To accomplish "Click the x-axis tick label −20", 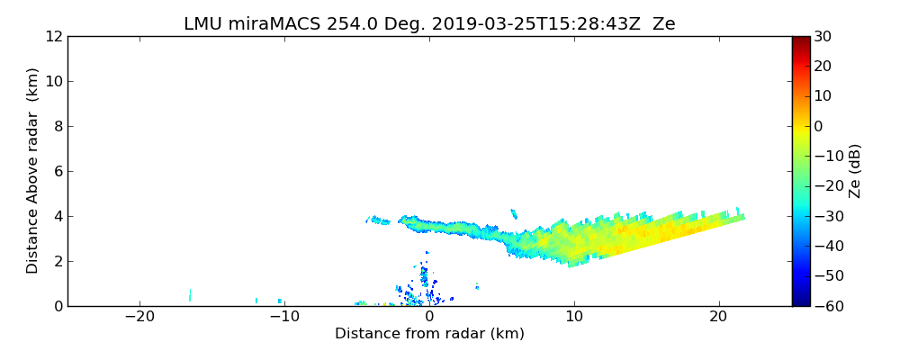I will (x=139, y=317).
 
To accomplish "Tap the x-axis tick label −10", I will (x=284, y=317).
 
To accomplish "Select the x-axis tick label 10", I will (x=574, y=317).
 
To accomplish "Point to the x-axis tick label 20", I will (x=718, y=317).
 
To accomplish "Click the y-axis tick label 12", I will (x=53, y=36).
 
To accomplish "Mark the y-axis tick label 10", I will (x=53, y=81).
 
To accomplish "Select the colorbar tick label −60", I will (x=826, y=306).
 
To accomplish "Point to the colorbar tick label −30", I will (x=826, y=216).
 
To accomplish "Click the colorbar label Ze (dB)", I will (x=855, y=171).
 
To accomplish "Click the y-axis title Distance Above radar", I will (x=33, y=171).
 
